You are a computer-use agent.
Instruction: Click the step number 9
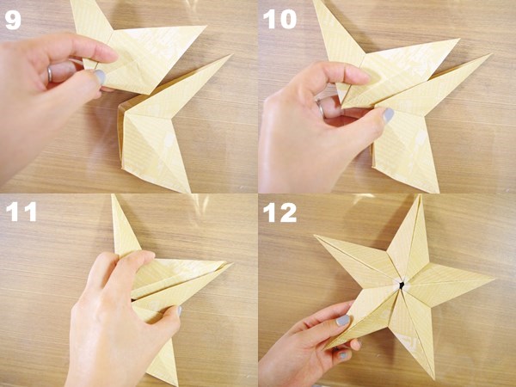tap(13, 19)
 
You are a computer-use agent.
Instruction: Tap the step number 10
tap(279, 19)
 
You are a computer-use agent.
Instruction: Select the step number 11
tap(20, 212)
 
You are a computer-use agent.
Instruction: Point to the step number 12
tap(280, 212)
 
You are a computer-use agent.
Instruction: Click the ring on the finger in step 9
tap(49, 74)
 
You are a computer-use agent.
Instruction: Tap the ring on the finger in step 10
tap(319, 109)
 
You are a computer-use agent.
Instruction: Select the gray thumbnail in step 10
tap(388, 114)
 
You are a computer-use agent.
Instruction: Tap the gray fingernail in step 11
tap(177, 310)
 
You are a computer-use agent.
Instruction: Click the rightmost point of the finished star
tap(494, 279)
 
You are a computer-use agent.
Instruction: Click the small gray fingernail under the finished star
tap(343, 355)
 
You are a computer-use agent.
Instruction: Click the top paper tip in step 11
tap(114, 197)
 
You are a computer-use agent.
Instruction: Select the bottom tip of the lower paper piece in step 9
tap(187, 191)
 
